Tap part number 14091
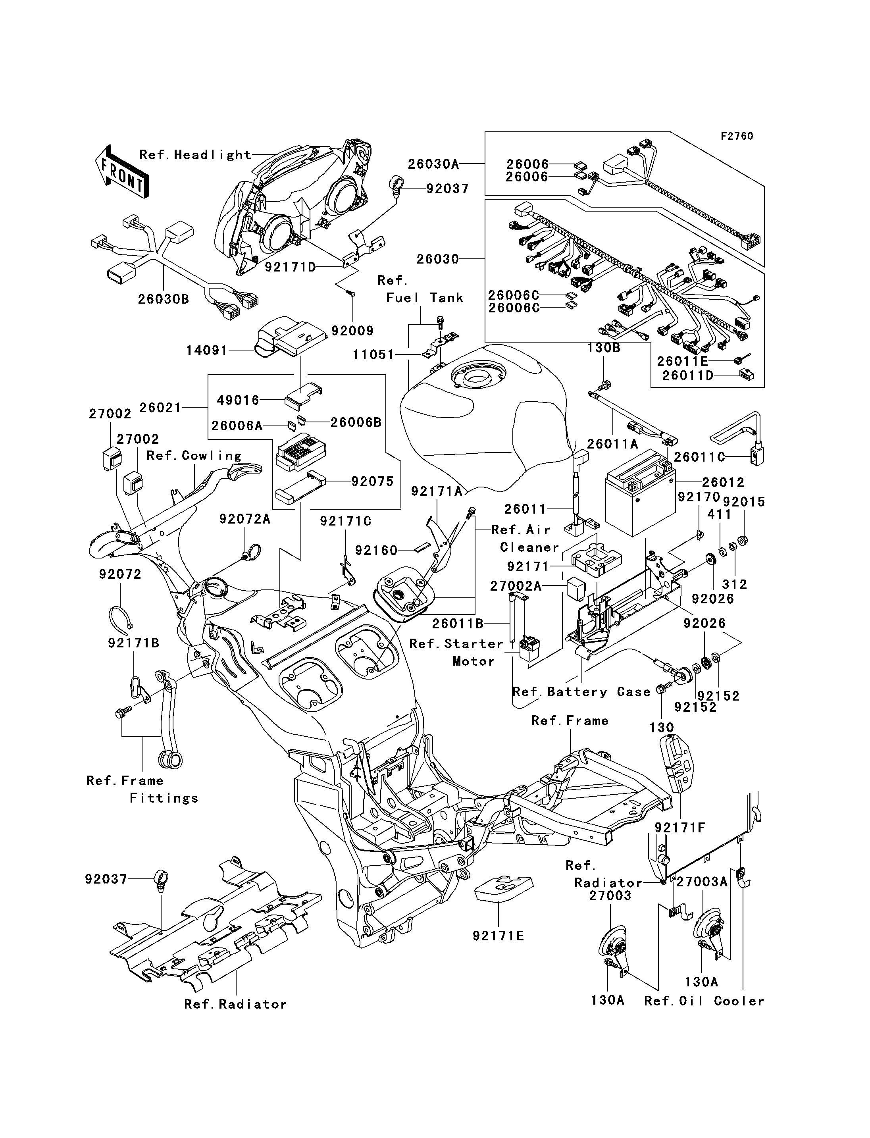click(207, 350)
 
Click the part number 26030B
click(163, 299)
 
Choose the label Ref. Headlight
click(195, 155)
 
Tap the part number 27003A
click(702, 882)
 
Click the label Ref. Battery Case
click(581, 692)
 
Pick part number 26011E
click(682, 361)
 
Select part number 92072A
click(244, 519)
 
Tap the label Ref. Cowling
click(194, 456)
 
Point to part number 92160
click(376, 550)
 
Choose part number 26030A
click(433, 164)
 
